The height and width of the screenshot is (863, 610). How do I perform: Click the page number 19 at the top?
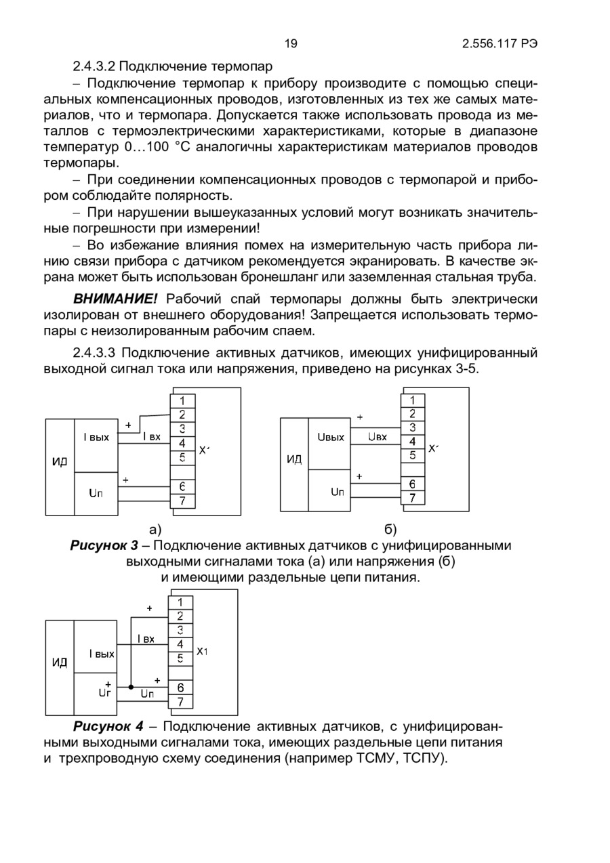tap(291, 44)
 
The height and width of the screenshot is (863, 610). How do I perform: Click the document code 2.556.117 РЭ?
tap(500, 44)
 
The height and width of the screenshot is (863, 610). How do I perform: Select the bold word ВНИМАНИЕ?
tap(115, 299)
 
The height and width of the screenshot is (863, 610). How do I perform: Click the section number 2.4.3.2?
tap(96, 67)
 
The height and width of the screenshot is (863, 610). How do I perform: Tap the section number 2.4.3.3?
tap(96, 353)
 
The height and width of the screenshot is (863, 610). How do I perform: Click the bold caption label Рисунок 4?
tap(108, 728)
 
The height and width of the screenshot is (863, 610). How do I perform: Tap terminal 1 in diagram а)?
tap(182, 400)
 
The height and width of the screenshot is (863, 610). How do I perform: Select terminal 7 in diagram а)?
tap(182, 501)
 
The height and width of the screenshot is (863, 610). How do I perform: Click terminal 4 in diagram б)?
tap(412, 442)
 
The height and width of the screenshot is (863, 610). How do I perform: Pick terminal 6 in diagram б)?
tap(412, 484)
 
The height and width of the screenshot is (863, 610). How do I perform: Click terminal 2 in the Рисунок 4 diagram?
tap(180, 616)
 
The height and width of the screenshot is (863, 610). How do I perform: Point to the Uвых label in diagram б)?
tap(331, 438)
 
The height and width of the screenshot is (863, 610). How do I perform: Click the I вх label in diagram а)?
tap(151, 438)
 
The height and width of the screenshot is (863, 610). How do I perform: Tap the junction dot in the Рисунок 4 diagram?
tap(131, 687)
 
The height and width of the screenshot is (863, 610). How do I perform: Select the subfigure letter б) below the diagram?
tap(390, 529)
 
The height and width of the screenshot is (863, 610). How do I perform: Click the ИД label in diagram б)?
tap(294, 460)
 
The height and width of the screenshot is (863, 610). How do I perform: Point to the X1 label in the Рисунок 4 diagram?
tap(202, 652)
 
